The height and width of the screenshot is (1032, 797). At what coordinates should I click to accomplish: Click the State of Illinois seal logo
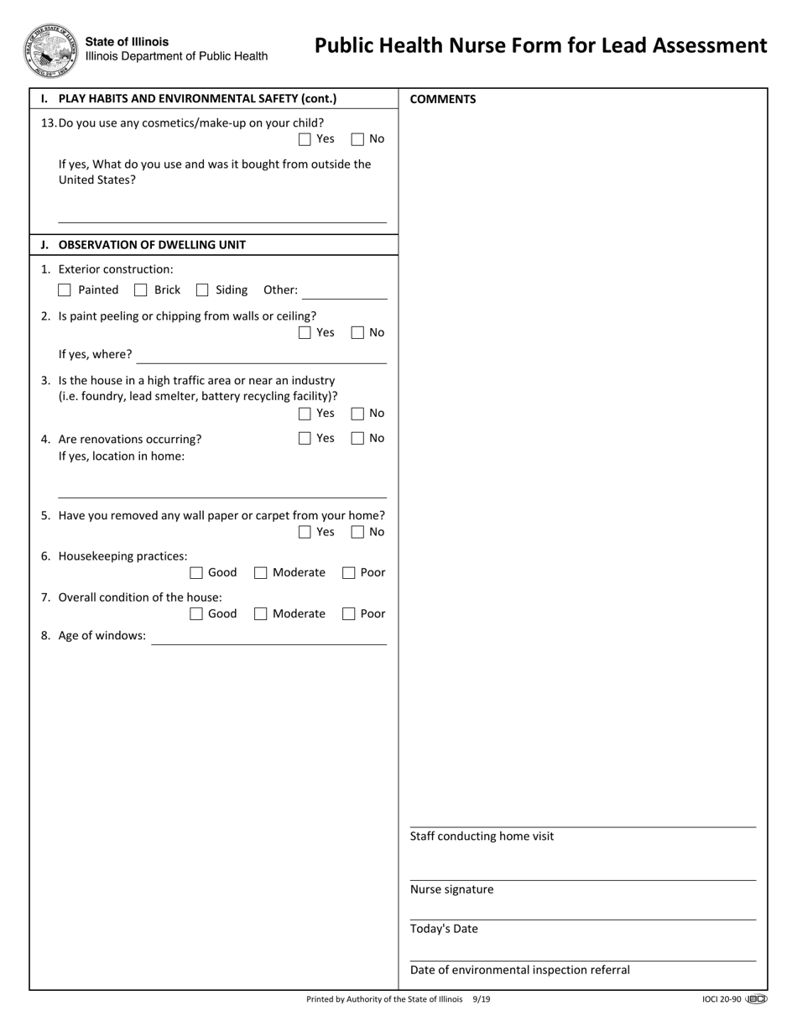pyautogui.click(x=50, y=50)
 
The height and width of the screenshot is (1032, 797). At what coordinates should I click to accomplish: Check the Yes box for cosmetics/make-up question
pyautogui.click(x=305, y=139)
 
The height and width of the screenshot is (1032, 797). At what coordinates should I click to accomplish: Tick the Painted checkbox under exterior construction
pyautogui.click(x=65, y=290)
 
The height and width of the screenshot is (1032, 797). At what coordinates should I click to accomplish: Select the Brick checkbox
pyautogui.click(x=141, y=290)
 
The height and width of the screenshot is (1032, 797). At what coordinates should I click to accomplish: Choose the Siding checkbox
pyautogui.click(x=202, y=290)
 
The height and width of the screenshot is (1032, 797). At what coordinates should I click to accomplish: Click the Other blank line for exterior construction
pyautogui.click(x=345, y=291)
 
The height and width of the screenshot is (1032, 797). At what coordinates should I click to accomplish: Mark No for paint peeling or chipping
pyautogui.click(x=357, y=333)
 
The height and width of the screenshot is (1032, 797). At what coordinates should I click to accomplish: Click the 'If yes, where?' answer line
pyautogui.click(x=261, y=356)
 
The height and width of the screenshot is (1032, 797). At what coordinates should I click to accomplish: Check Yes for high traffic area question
pyautogui.click(x=305, y=414)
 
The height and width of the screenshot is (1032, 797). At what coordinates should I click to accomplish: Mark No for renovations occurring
pyautogui.click(x=357, y=439)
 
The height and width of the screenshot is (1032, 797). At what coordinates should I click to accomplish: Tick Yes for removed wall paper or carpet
pyautogui.click(x=305, y=533)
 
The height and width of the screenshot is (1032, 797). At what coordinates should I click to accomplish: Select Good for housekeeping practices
pyautogui.click(x=196, y=573)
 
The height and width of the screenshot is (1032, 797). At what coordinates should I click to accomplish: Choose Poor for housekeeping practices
pyautogui.click(x=349, y=573)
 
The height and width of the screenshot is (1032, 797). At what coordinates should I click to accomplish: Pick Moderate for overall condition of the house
pyautogui.click(x=261, y=614)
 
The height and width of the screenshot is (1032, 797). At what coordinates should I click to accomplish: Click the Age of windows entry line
pyautogui.click(x=268, y=637)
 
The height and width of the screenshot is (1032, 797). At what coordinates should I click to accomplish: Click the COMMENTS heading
pyautogui.click(x=442, y=99)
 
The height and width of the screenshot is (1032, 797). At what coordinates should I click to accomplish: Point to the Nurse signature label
pyautogui.click(x=451, y=889)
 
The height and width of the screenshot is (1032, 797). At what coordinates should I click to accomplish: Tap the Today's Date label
pyautogui.click(x=444, y=929)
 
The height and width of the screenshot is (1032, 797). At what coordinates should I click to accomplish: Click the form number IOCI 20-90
pyautogui.click(x=721, y=999)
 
